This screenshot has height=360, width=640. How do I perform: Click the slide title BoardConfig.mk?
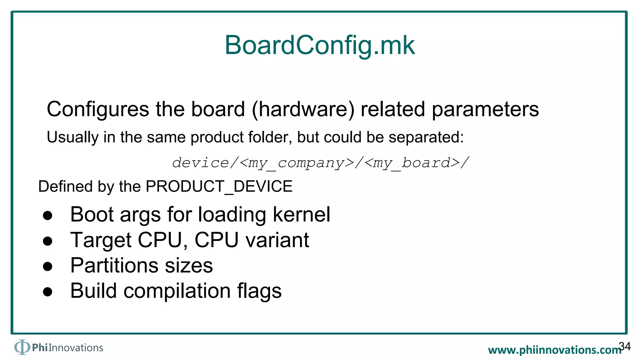[320, 46]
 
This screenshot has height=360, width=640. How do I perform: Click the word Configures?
[98, 110]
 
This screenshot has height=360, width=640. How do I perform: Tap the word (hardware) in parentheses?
[303, 110]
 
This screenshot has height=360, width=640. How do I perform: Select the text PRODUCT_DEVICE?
[219, 187]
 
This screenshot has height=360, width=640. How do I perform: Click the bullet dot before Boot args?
[47, 216]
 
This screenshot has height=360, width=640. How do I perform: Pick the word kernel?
[301, 215]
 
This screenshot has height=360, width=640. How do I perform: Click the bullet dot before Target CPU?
[47, 241]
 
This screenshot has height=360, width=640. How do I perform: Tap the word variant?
[277, 240]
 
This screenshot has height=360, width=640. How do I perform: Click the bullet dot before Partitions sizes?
[47, 267]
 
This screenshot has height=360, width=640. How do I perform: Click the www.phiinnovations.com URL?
[554, 350]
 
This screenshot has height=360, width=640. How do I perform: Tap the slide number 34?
[625, 346]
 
